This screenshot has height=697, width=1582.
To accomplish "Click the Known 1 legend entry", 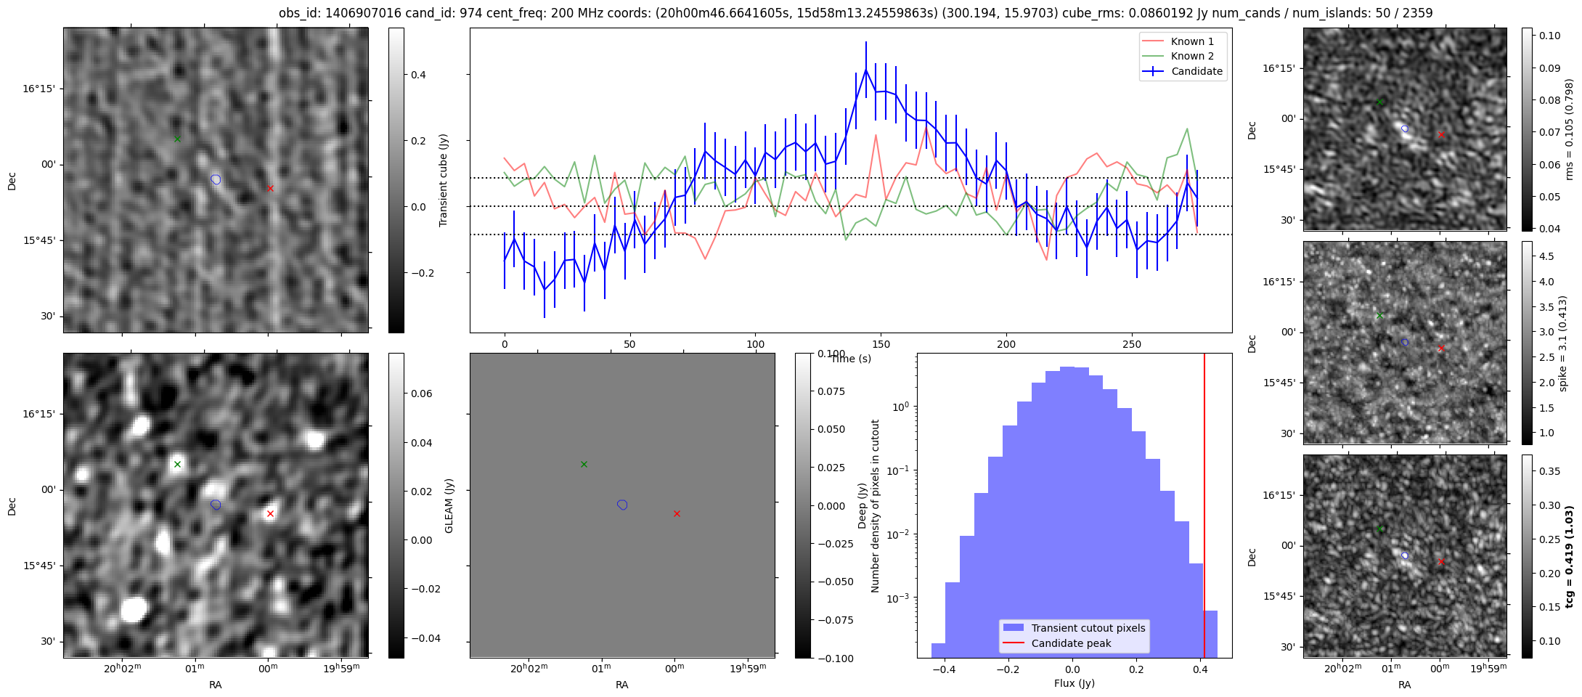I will pyautogui.click(x=1191, y=41).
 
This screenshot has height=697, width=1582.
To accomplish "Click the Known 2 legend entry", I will pyautogui.click(x=1191, y=56).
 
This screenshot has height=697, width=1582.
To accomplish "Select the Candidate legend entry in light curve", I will pyautogui.click(x=1196, y=71).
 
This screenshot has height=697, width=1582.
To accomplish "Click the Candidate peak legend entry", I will pyautogui.click(x=1071, y=643).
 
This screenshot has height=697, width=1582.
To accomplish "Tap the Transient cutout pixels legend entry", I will pyautogui.click(x=1088, y=628).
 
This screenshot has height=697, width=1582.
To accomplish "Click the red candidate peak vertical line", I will pyautogui.click(x=1204, y=508).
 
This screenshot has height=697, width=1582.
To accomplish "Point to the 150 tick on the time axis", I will pyautogui.click(x=881, y=344).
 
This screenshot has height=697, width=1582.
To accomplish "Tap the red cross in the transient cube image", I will pyautogui.click(x=270, y=188).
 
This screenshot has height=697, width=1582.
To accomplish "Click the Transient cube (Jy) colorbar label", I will pyautogui.click(x=443, y=180).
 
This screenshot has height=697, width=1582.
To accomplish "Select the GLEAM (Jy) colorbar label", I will pyautogui.click(x=449, y=505).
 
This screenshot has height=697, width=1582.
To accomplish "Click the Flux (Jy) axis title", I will pyautogui.click(x=1074, y=683).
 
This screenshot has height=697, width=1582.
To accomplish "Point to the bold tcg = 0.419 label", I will pyautogui.click(x=1570, y=556).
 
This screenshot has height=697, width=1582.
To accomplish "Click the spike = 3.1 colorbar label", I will pyautogui.click(x=1563, y=343).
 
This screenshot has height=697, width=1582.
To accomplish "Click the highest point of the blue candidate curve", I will pyautogui.click(x=865, y=69).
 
